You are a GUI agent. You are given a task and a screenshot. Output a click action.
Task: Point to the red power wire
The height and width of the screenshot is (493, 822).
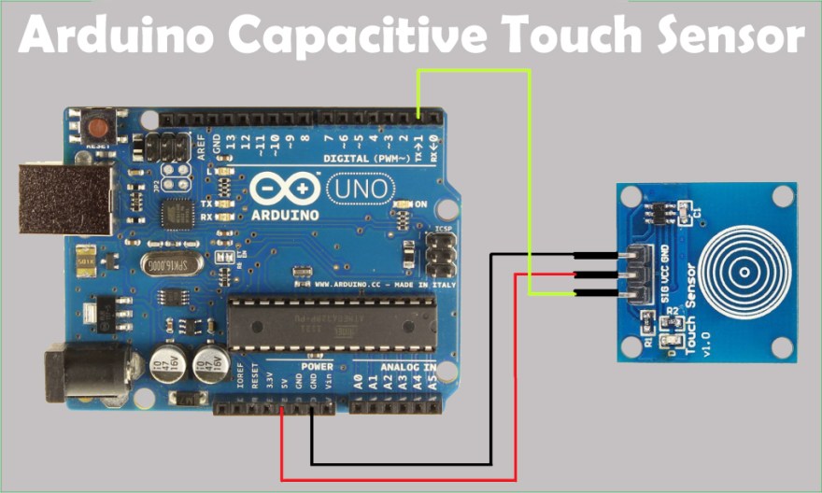point(399,479)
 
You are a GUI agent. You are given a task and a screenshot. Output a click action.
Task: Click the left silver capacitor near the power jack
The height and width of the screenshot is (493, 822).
point(167,364)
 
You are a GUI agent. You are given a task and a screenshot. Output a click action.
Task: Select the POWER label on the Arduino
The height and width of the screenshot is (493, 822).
point(318,367)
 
